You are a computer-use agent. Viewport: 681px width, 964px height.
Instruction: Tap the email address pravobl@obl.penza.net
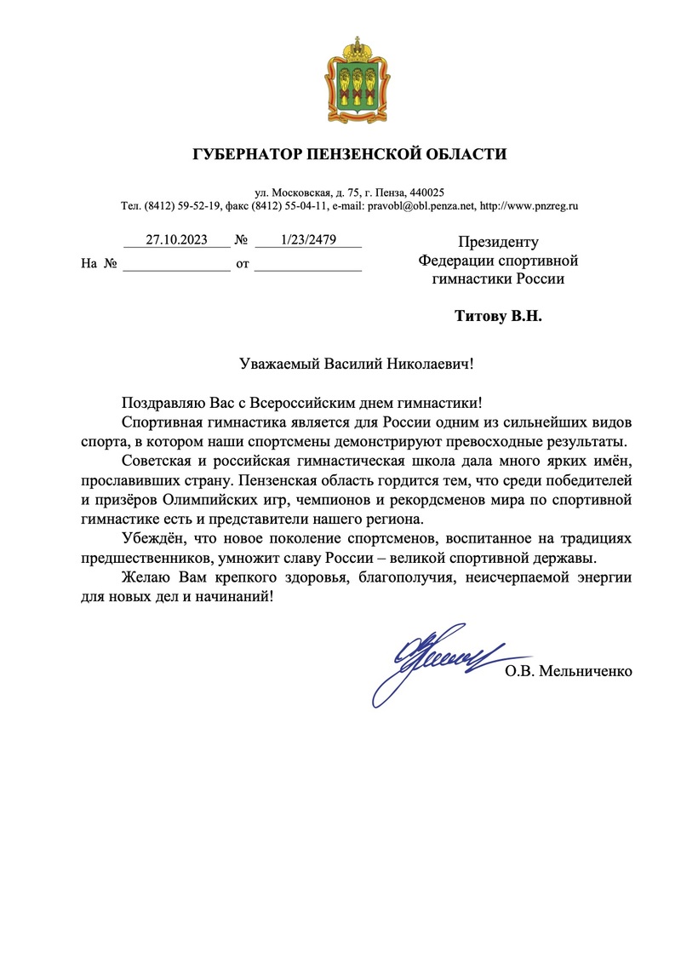[x=421, y=206]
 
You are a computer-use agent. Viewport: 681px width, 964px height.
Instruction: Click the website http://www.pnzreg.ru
[x=529, y=206]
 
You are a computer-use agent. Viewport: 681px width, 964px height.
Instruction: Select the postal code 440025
[x=426, y=192]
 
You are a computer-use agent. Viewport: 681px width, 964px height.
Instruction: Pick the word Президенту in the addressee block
[x=498, y=242]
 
